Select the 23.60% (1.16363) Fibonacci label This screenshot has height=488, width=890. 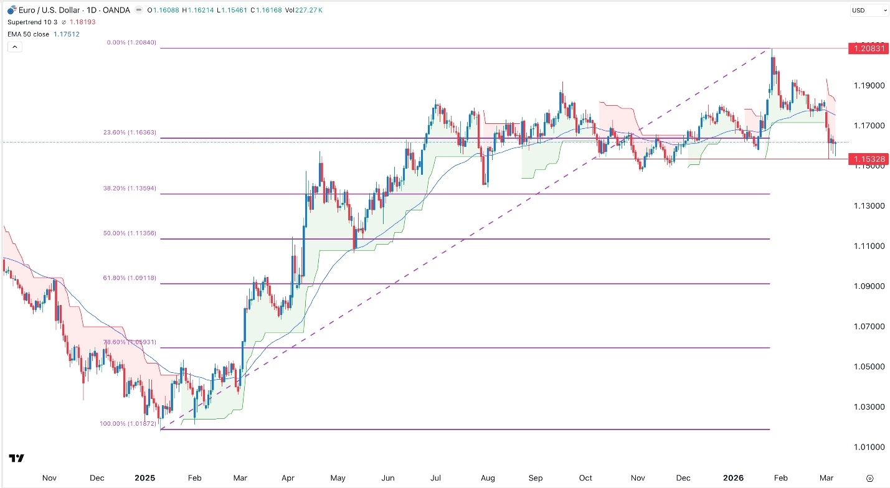point(129,133)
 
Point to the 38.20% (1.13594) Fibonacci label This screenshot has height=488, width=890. point(129,189)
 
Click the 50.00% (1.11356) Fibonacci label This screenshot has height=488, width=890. point(129,233)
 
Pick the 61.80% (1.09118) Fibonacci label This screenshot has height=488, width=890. point(129,279)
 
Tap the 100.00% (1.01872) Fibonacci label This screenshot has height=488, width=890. point(128,424)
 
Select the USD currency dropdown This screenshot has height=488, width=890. point(869,10)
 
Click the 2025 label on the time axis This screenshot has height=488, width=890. point(144,478)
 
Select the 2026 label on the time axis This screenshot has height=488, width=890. point(732,478)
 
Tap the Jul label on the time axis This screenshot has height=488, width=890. point(436,478)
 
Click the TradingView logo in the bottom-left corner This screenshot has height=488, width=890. point(17,459)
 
